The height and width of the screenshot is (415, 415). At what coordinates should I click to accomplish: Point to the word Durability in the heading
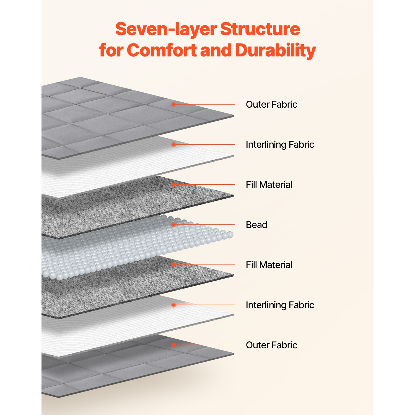tap(275, 50)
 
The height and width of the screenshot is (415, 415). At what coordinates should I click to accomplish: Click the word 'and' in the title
tap(216, 50)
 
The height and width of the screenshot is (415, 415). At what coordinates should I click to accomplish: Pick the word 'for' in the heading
tap(111, 50)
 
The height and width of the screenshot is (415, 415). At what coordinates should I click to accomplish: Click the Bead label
tap(256, 225)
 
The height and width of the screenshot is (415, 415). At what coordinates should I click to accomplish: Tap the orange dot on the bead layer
tap(173, 225)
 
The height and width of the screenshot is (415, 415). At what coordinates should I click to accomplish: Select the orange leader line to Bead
tap(205, 225)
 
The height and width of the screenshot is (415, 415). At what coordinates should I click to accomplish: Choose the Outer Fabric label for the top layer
tap(271, 104)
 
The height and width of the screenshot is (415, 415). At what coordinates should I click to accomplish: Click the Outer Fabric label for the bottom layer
tap(271, 345)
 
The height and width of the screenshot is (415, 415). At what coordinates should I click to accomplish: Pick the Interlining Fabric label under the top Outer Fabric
tap(280, 144)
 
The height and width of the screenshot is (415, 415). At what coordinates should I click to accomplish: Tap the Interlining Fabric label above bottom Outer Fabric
tap(280, 305)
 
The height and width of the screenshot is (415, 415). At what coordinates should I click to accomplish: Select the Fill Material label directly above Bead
tap(269, 185)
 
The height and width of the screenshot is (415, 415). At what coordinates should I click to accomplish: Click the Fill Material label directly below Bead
tap(269, 265)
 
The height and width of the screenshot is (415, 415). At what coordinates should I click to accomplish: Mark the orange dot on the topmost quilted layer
tap(173, 104)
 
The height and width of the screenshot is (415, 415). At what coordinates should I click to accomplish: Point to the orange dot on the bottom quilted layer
tap(173, 345)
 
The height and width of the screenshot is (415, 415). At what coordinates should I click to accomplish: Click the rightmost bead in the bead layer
tap(230, 235)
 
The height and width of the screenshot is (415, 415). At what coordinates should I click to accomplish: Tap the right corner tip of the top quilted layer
tap(233, 116)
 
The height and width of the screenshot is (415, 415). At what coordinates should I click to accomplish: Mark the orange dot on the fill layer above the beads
tap(173, 185)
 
